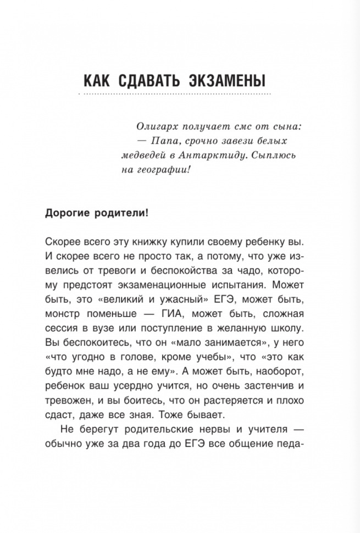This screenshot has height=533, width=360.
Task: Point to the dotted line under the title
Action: coord(175,95)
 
